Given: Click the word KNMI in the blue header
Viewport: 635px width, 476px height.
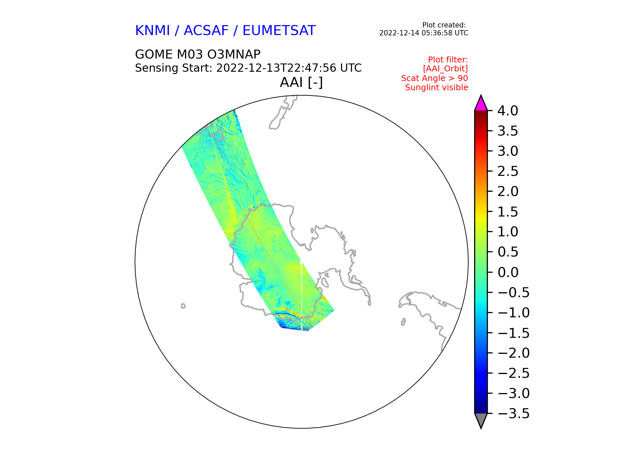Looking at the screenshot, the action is [x=152, y=31].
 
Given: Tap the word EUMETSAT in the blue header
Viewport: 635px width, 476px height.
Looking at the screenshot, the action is [x=279, y=31].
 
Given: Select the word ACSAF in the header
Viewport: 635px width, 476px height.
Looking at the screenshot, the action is [x=206, y=31].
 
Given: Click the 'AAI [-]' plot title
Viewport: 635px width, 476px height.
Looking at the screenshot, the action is [x=301, y=82].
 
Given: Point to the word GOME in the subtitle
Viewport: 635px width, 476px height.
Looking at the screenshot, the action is [x=154, y=54].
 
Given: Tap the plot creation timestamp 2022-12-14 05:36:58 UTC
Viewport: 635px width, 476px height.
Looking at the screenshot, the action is [x=424, y=33].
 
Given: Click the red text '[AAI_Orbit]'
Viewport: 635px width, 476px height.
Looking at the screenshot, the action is [x=445, y=69].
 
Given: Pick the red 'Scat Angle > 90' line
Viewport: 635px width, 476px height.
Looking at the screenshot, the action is [x=435, y=78].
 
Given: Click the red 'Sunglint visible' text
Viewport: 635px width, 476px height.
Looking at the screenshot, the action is [x=437, y=88].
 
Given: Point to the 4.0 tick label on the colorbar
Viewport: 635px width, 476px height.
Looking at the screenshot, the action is [x=508, y=111].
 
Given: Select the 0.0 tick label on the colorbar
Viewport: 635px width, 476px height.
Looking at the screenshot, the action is [x=508, y=272].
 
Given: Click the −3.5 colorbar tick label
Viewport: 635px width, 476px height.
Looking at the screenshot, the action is [x=513, y=414].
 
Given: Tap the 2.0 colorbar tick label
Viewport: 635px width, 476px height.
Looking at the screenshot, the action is [x=508, y=192].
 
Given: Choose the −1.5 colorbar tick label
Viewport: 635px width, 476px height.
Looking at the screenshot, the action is [x=513, y=333].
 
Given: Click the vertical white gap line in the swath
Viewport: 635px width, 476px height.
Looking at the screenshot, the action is [x=302, y=296].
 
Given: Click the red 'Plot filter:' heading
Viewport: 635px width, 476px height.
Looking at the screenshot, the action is [x=448, y=60].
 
